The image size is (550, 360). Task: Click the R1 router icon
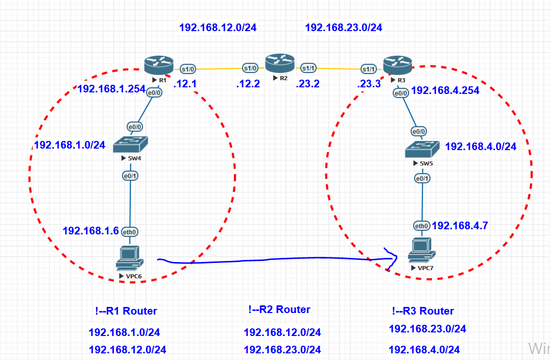pos(159,65)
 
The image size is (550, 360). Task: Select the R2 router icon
pos(280,63)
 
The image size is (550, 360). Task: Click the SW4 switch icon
pos(130,145)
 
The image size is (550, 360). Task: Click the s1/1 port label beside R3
pos(369,69)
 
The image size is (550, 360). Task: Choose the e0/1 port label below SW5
pos(422,179)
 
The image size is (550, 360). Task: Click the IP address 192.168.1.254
pos(111,89)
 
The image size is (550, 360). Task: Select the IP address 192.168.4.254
pos(445,90)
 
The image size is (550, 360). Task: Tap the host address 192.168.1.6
pos(90,231)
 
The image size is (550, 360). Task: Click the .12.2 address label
pos(249,84)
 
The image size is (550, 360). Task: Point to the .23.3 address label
pos(369,84)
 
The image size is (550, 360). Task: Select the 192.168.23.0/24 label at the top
pos(343,28)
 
